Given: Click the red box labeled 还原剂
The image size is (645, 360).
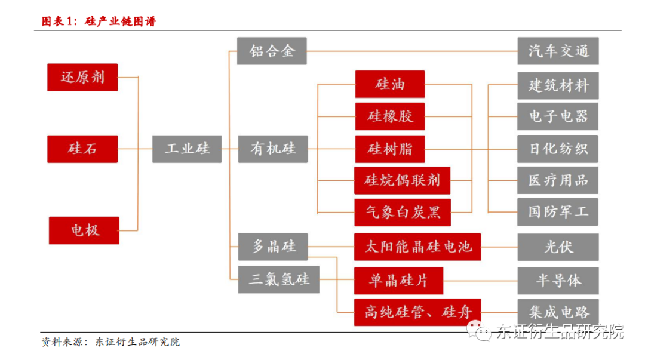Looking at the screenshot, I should click(x=82, y=77).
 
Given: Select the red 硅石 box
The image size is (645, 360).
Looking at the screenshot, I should click(x=82, y=148).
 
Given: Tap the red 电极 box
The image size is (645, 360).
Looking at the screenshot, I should click(x=84, y=230).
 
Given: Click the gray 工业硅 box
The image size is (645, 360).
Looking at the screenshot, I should click(x=187, y=148).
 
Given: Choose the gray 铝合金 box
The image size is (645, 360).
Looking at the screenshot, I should click(x=272, y=51).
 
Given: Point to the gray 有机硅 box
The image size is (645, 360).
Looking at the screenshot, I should click(x=273, y=148).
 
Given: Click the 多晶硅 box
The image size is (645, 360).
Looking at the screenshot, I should click(x=273, y=246).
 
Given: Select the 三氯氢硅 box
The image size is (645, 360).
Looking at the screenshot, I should click(x=279, y=279).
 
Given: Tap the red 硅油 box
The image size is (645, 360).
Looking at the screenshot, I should click(x=389, y=84).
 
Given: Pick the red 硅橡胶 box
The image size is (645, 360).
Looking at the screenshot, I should click(x=389, y=116).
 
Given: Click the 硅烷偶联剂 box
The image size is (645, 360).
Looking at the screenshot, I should click(x=402, y=180).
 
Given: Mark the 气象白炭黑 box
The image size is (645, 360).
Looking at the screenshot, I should click(x=402, y=213).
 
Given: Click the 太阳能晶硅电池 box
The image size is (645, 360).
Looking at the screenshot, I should click(x=417, y=246).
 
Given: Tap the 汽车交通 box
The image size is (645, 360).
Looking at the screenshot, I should click(x=558, y=51).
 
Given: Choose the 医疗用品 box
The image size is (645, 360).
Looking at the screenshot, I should click(x=558, y=180).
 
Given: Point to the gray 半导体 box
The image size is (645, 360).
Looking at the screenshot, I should click(x=558, y=279).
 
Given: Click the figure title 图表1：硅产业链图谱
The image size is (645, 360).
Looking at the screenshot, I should click(x=99, y=22).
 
